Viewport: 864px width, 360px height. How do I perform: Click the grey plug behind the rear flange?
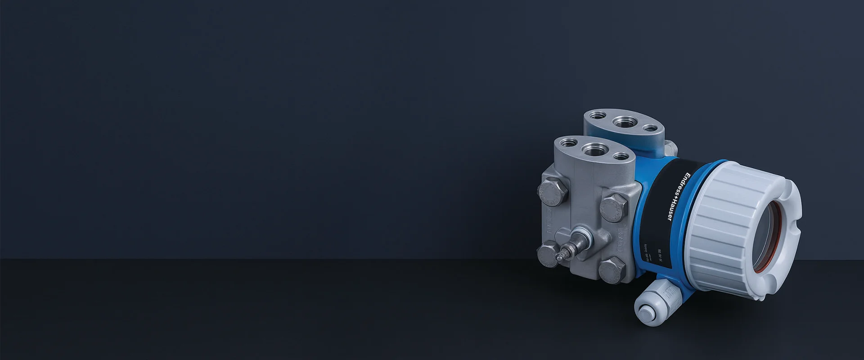[670, 147]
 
